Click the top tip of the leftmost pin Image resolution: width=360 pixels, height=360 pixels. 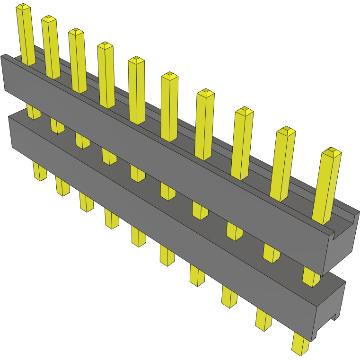pyautogui.click(x=23, y=8)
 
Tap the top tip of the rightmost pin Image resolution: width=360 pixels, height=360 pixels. pyautogui.click(x=331, y=152)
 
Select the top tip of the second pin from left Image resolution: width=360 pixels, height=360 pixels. pyautogui.click(x=49, y=19)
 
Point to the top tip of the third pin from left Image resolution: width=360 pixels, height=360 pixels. pyautogui.click(x=76, y=32)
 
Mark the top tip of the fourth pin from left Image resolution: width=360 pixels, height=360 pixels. pyautogui.click(x=105, y=45)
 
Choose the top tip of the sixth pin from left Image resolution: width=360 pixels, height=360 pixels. pyautogui.click(x=169, y=76)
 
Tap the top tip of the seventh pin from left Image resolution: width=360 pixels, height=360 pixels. pyautogui.click(x=205, y=92)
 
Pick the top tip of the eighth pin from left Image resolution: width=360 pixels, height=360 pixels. pyautogui.click(x=244, y=111)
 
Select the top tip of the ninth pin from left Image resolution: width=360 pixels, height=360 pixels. pyautogui.click(x=286, y=131)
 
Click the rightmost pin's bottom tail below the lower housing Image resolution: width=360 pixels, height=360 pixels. pyautogui.click(x=300, y=344)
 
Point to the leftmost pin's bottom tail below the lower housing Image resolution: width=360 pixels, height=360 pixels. pyautogui.click(x=40, y=171)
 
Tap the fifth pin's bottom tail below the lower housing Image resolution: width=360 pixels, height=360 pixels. pyautogui.click(x=138, y=237)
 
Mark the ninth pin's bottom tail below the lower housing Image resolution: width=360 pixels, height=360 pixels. pyautogui.click(x=263, y=319)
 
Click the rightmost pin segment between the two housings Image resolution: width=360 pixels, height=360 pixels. pyautogui.click(x=310, y=277)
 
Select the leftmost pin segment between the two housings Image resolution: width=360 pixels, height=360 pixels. pyautogui.click(x=33, y=112)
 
